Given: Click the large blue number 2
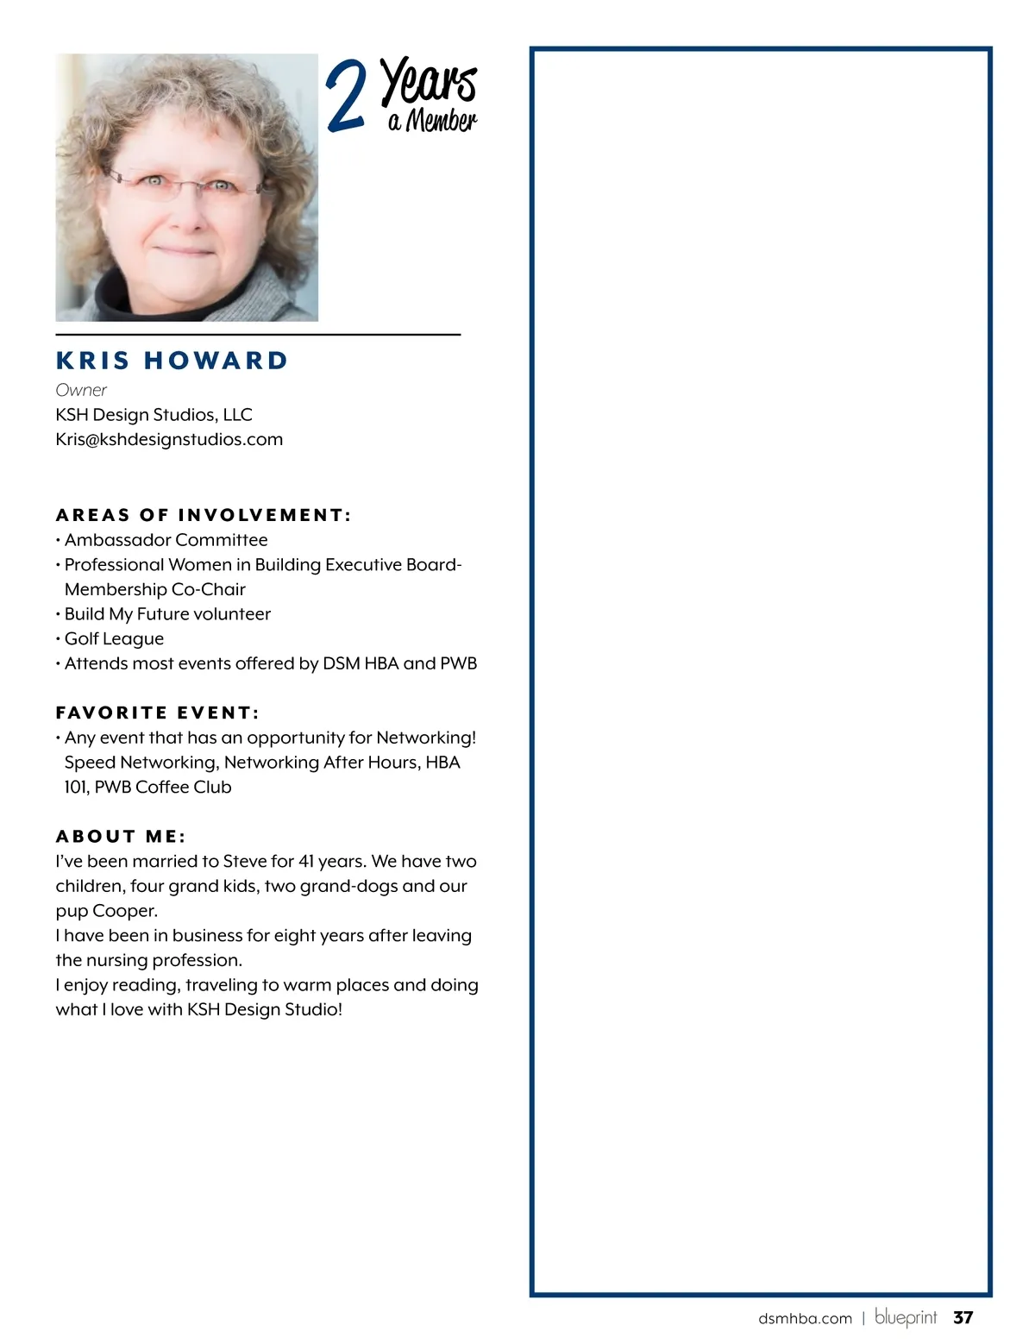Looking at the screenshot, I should (x=346, y=97).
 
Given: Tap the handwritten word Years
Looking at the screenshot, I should (x=429, y=81).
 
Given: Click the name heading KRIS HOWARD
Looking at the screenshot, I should (x=172, y=361).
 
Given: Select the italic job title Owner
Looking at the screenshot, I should (x=81, y=390).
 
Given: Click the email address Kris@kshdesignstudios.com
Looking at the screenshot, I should (x=169, y=439).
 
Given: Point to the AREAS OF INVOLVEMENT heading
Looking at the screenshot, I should (x=204, y=515).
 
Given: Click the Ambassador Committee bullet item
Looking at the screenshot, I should (x=166, y=540).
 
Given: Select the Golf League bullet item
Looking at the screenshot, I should (x=114, y=638).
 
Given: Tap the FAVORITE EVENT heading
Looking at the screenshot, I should (x=158, y=713).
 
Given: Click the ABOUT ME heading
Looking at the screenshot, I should (x=121, y=836).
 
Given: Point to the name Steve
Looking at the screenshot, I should (x=245, y=861).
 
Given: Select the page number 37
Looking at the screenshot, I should (x=963, y=1317).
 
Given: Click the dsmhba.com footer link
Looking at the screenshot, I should (x=805, y=1318).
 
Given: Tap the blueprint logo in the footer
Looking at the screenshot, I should (x=906, y=1317).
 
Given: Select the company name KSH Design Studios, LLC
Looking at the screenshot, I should (x=154, y=415).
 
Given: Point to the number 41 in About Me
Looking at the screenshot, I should (x=306, y=861).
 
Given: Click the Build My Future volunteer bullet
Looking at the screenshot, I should (x=167, y=614).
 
